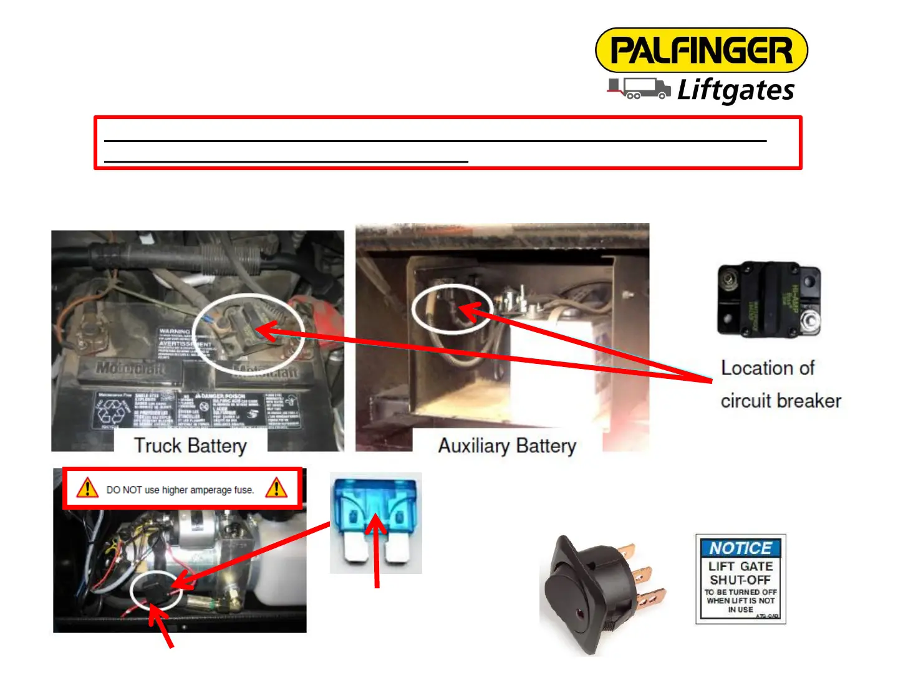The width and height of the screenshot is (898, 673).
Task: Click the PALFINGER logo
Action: (701, 50)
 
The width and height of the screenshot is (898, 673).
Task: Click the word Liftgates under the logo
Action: (736, 90)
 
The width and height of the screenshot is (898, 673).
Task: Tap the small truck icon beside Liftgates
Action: (639, 88)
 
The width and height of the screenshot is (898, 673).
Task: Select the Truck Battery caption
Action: (190, 446)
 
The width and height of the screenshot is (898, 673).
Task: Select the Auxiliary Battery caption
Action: (507, 446)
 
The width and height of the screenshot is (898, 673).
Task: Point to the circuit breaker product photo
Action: (769, 300)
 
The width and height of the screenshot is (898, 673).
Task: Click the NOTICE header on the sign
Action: (740, 548)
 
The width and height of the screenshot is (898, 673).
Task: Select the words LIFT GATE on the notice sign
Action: (740, 566)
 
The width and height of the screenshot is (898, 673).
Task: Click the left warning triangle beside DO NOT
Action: (87, 488)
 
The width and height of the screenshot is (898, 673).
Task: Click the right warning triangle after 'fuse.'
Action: (276, 488)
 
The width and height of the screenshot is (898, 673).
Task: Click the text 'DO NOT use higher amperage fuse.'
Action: (180, 490)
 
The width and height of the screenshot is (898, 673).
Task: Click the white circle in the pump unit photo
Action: (157, 591)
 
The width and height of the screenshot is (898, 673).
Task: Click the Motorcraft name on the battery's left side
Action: (130, 368)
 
